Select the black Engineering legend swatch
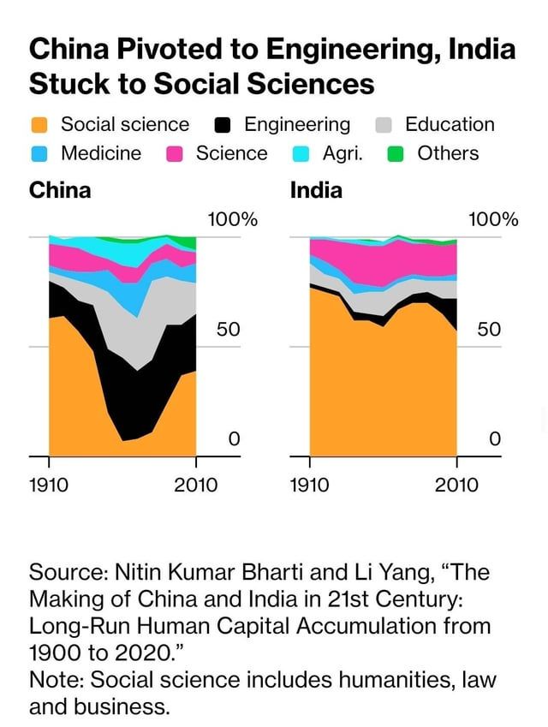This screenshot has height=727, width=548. [223, 125]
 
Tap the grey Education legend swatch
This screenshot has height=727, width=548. [384, 125]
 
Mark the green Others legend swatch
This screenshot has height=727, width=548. [396, 154]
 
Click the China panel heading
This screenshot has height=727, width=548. [60, 190]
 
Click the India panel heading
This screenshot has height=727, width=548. [316, 190]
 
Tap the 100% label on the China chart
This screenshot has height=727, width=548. [232, 219]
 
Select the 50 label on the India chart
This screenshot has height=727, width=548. [488, 330]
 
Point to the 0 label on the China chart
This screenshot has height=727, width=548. [233, 439]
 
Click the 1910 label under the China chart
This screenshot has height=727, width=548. [49, 485]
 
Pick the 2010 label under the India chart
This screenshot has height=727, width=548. [456, 485]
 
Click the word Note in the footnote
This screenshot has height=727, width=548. [53, 680]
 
